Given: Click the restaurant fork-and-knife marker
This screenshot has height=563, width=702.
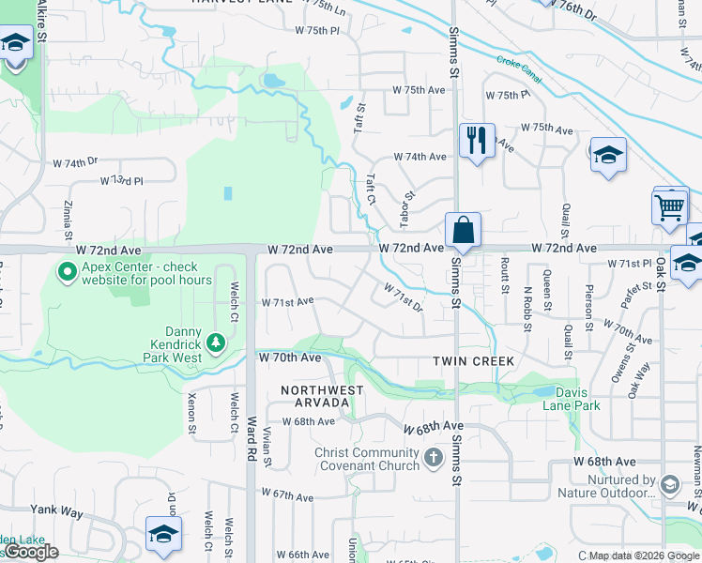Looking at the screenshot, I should (x=477, y=142).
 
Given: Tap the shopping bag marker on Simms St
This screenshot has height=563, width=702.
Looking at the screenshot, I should (x=464, y=230).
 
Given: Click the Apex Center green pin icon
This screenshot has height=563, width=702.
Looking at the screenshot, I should (x=67, y=272).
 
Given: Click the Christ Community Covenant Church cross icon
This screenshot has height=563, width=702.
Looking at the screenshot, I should (x=433, y=458).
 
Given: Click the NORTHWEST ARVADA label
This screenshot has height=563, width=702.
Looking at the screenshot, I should (x=314, y=395).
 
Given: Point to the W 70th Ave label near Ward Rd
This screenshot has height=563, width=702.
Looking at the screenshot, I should (x=290, y=358).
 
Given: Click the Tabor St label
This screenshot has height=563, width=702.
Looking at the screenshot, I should (x=407, y=210).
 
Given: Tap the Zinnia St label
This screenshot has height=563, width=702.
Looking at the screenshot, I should (x=69, y=215).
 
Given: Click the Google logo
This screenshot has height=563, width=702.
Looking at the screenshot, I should (x=31, y=552).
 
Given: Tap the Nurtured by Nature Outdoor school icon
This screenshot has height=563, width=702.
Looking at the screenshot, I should (x=670, y=484).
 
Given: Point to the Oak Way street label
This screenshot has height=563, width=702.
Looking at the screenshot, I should (x=640, y=380).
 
